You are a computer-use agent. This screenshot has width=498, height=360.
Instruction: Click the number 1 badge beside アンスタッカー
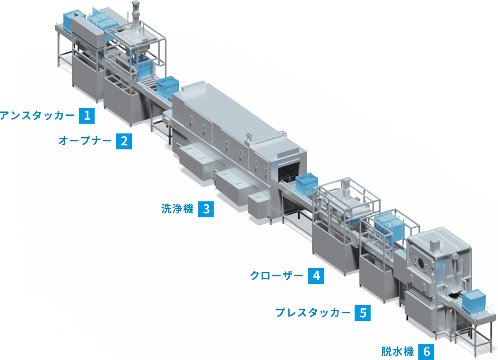[x=87, y=116]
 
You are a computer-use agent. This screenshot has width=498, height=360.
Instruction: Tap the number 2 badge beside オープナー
[x=124, y=141]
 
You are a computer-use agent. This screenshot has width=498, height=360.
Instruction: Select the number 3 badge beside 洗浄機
[x=206, y=209]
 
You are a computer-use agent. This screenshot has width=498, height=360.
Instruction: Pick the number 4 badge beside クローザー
[x=316, y=276]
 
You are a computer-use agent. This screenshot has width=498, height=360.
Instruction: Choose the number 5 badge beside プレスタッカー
[x=363, y=313]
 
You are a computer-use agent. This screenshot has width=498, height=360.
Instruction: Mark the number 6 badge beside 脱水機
[x=426, y=352]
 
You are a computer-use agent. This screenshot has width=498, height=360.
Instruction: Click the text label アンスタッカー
[x=37, y=116]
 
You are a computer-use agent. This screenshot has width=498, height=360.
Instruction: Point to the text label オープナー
[x=85, y=141]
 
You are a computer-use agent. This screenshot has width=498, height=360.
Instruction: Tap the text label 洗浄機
[x=177, y=209]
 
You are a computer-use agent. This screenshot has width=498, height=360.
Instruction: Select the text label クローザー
[x=277, y=276]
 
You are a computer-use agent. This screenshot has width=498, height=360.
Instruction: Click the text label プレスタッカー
[x=313, y=313]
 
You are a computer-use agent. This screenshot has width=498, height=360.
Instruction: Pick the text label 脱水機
[x=398, y=351]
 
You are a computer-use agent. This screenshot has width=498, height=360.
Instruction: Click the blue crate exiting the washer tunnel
[x=307, y=183]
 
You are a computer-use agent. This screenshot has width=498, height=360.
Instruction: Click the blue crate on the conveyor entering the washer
[x=168, y=85]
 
